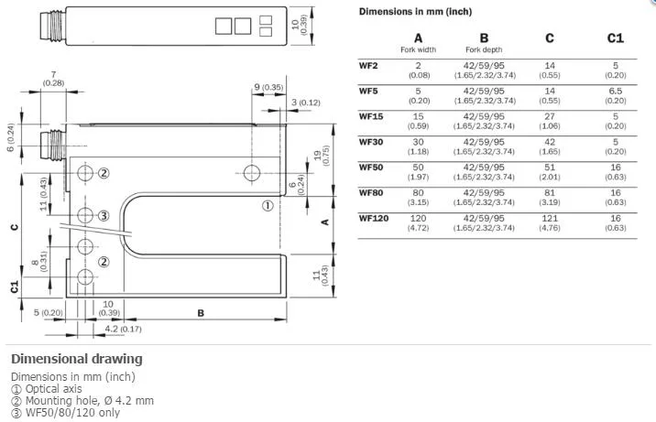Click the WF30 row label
point(371,142)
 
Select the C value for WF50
point(550,172)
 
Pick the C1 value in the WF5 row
point(616,96)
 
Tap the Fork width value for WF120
point(418,222)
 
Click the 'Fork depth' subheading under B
point(484,49)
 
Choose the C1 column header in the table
point(616,38)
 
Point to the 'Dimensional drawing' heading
point(77,359)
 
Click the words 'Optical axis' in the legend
point(53,389)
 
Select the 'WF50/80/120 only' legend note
point(72,413)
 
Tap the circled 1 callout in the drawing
point(268,206)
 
